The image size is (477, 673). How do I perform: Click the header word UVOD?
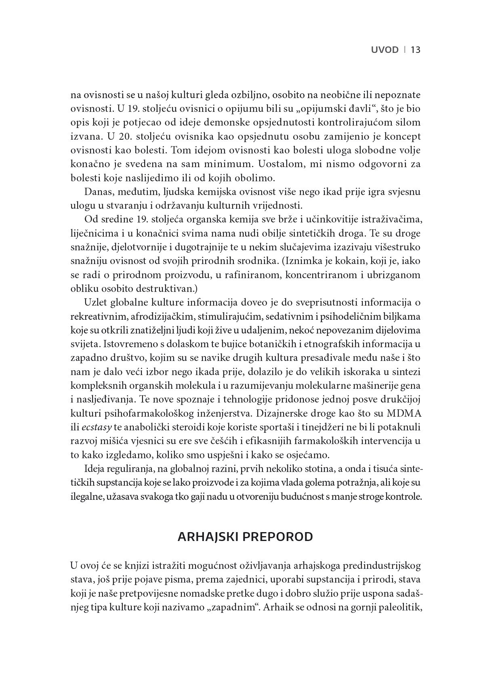[x=385, y=50]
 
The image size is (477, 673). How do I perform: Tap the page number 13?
[x=416, y=50]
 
